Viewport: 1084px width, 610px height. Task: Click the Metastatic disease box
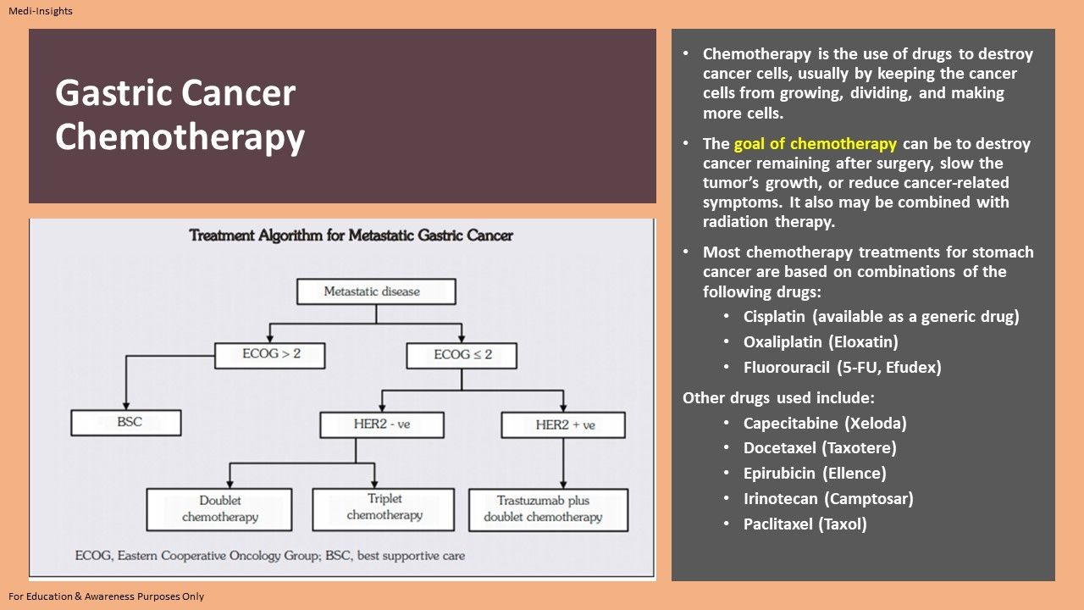tap(376, 291)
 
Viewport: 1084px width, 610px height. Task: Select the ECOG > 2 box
tap(269, 354)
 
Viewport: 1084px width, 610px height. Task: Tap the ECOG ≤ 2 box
tap(462, 355)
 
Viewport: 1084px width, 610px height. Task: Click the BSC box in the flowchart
tap(126, 422)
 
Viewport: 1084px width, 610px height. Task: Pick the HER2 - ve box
tap(381, 424)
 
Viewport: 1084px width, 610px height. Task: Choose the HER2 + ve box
tap(563, 424)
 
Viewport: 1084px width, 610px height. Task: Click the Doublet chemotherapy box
tap(219, 508)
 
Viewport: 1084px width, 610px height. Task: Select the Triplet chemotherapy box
tap(384, 507)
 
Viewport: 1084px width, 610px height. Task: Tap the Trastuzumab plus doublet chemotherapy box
tap(549, 509)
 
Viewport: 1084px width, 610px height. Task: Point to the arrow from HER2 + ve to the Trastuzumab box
tap(563, 463)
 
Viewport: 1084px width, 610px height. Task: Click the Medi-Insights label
tap(41, 11)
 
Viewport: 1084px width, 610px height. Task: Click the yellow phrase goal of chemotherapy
tap(815, 144)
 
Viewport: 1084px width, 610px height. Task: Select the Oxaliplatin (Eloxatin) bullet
tap(820, 342)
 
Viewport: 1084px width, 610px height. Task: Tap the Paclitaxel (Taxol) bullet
tap(805, 524)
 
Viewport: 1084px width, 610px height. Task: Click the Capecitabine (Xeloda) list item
tap(824, 423)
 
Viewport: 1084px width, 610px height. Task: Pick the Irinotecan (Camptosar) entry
tap(827, 499)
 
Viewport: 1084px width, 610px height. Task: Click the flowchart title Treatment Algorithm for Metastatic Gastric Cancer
tap(351, 236)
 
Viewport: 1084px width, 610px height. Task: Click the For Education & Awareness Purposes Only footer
tap(107, 596)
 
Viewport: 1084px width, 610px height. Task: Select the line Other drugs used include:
tap(778, 397)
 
